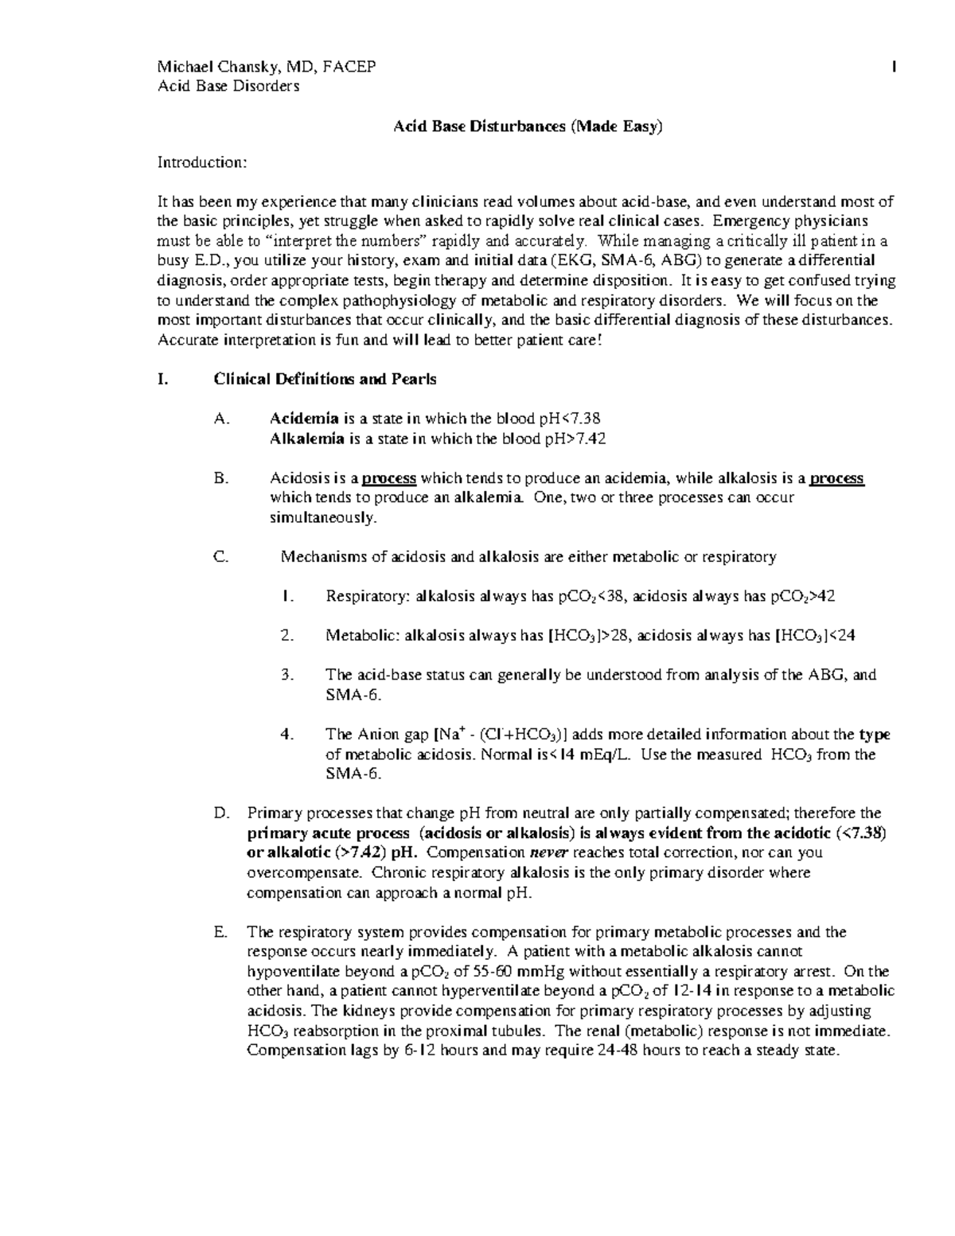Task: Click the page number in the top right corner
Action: pyautogui.click(x=895, y=67)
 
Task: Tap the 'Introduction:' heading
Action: pyautogui.click(x=202, y=162)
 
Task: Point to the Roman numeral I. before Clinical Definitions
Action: pyautogui.click(x=162, y=379)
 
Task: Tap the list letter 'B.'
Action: pyautogui.click(x=221, y=478)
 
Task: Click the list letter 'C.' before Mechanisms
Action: pyautogui.click(x=221, y=557)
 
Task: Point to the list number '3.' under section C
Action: pyautogui.click(x=288, y=675)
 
